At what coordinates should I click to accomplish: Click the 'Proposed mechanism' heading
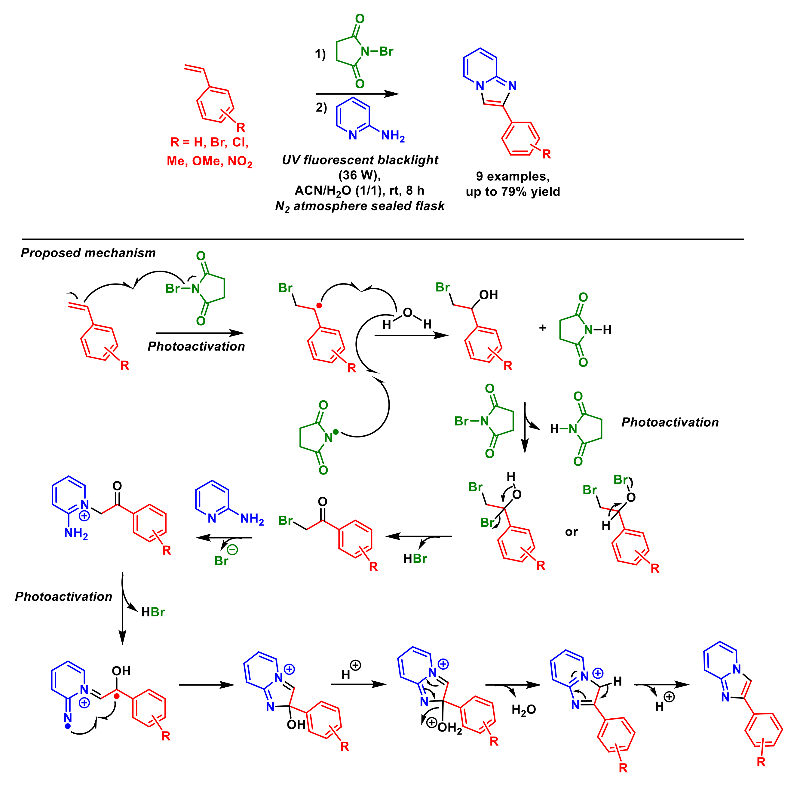88,253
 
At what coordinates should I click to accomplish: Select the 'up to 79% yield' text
513,192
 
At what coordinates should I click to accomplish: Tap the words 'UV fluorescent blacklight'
360,160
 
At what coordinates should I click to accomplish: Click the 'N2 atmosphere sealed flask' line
360,206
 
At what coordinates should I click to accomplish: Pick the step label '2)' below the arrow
321,107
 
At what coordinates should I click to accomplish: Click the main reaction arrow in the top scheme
357,94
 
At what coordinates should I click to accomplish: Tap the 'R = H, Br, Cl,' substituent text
210,142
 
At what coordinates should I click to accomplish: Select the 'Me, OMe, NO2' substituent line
210,161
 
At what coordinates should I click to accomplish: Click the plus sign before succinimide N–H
542,328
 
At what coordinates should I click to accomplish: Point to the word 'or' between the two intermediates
571,532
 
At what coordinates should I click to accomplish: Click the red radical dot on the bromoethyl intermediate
319,306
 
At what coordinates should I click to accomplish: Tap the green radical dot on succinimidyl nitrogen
336,432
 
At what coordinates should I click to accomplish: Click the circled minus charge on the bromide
232,549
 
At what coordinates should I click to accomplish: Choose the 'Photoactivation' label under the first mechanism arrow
196,346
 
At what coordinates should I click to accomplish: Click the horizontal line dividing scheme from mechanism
382,239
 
